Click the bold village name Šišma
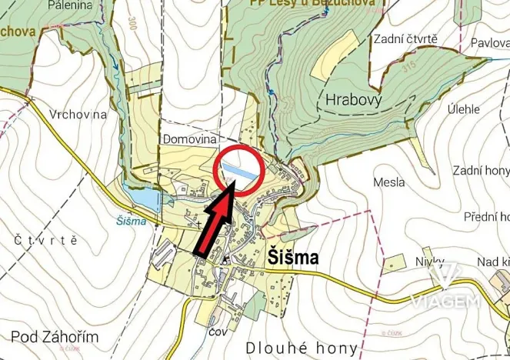(292, 258)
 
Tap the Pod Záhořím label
(49, 336)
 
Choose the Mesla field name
(388, 183)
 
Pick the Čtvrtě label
(46, 240)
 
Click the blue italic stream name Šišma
(133, 221)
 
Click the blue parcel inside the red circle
(242, 173)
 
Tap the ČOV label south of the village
(218, 332)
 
